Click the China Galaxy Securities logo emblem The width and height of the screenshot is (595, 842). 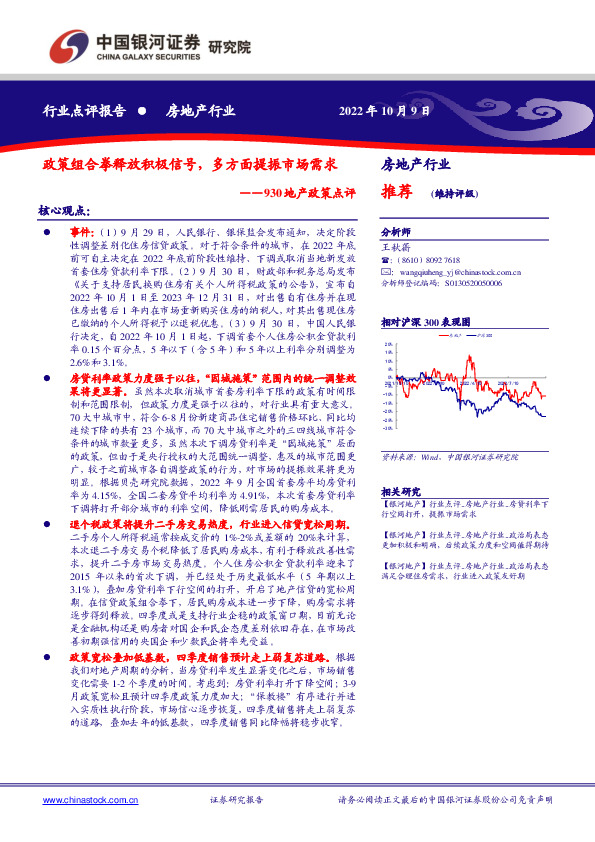pyautogui.click(x=70, y=46)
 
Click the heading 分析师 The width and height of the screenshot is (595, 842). pyautogui.click(x=397, y=229)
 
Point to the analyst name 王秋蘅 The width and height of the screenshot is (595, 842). pyautogui.click(x=397, y=243)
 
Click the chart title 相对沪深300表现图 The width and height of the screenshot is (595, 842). pyautogui.click(x=425, y=323)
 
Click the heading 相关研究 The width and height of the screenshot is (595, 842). pyautogui.click(x=401, y=492)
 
